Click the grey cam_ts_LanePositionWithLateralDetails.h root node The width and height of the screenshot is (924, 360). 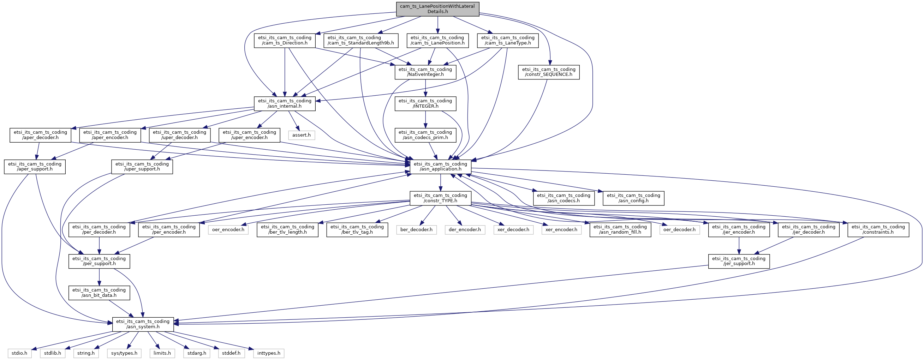[437, 9]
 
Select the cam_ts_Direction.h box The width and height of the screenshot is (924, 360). [285, 41]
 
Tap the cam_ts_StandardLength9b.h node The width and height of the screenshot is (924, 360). [360, 41]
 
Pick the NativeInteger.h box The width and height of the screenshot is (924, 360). [425, 72]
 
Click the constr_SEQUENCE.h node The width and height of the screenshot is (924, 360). [549, 72]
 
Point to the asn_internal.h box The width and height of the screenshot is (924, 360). [285, 104]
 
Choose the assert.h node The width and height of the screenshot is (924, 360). [302, 135]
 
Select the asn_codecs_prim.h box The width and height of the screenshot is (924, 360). [425, 135]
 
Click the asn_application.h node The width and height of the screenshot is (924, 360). [441, 167]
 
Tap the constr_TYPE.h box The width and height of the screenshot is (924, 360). [441, 198]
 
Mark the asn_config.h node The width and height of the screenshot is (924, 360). [633, 198]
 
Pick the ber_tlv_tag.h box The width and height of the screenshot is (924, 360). [357, 230]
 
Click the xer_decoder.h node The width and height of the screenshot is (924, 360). [513, 230]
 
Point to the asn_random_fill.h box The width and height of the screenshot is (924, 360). [621, 230]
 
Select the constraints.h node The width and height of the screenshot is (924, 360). [878, 230]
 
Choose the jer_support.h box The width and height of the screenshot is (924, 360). [739, 262]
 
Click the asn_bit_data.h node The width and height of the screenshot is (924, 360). [99, 293]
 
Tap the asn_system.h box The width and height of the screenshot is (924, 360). [143, 324]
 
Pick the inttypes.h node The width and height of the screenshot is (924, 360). [269, 353]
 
